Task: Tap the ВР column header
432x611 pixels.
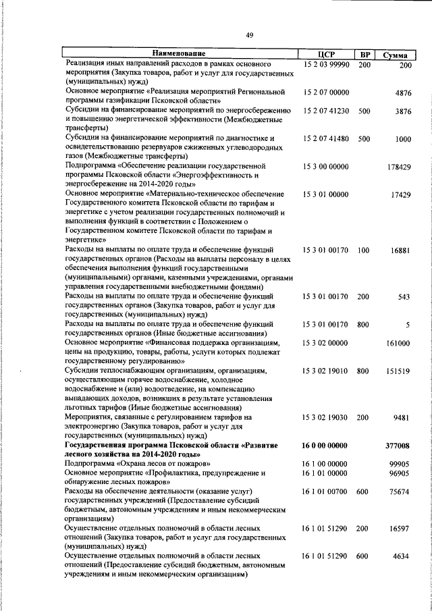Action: [x=364, y=55]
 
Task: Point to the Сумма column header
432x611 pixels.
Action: [x=396, y=55]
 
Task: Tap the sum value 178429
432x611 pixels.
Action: [x=400, y=167]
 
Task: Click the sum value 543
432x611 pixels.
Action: [x=404, y=296]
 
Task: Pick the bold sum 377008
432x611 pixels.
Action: [x=398, y=446]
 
